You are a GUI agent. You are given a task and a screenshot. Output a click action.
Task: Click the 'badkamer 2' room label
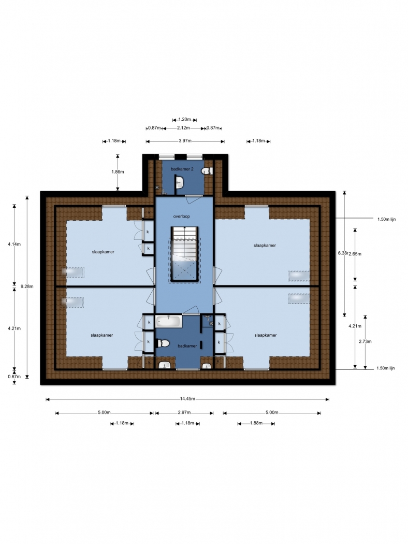pos(182,169)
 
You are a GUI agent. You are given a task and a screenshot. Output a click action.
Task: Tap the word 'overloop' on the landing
pos(182,217)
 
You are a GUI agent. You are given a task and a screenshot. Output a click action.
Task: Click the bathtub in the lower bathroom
pos(168,321)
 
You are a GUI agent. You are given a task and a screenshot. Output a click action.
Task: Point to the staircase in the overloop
pos(184,254)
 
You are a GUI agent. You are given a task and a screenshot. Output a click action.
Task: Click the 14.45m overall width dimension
pos(187,399)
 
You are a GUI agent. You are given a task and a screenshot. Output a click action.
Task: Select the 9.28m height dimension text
pos(27,287)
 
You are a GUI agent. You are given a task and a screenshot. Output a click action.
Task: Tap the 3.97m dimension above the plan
pos(185,141)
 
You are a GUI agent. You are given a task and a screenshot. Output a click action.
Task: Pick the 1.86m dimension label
pos(118,171)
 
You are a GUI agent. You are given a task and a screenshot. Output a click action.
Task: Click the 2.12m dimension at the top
pos(183,128)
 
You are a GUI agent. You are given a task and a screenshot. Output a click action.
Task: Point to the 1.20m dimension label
pos(185,120)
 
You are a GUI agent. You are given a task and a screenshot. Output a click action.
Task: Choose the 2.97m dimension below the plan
pos(184,412)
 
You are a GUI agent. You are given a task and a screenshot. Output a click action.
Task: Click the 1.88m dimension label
pos(256,423)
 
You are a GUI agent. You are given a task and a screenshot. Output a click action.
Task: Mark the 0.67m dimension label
pos(14,377)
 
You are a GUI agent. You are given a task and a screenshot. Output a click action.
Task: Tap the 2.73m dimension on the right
pos(365,341)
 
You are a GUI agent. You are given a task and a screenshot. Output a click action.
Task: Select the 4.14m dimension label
pos(14,244)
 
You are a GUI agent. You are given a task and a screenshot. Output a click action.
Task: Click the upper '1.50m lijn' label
pos(386,219)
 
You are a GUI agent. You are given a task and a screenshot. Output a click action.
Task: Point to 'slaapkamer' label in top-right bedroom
pos(265,245)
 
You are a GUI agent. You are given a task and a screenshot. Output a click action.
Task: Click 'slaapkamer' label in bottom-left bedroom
pos(102,335)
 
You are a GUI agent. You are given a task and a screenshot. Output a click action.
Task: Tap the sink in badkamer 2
pos(179,182)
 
